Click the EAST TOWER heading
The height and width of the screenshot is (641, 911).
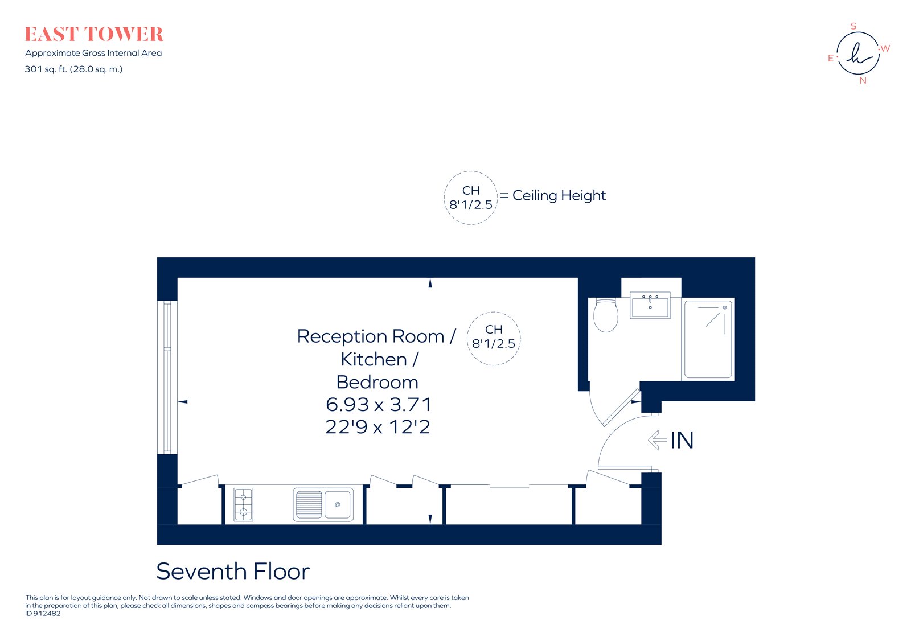[x=94, y=35]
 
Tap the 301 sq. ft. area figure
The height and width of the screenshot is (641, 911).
[x=73, y=69]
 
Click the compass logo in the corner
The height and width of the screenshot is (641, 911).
[x=857, y=54]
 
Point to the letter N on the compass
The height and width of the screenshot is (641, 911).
[x=863, y=81]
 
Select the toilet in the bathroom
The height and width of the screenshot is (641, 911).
[x=605, y=315]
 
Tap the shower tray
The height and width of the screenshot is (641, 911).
[x=708, y=339]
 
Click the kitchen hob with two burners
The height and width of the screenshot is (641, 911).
[x=244, y=504]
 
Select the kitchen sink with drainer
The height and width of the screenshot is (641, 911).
[x=323, y=505]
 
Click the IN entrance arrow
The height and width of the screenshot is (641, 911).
[x=658, y=439]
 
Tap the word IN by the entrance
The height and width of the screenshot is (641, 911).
[x=682, y=440]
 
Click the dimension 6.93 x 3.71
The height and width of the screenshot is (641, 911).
[x=379, y=405]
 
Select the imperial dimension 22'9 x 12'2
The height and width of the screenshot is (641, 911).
[x=377, y=427]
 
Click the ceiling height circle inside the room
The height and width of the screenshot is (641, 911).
[x=494, y=338]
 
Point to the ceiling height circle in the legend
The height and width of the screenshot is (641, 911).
[x=471, y=198]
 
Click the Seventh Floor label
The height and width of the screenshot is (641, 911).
[x=233, y=571]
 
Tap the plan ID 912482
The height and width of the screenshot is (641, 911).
[x=43, y=614]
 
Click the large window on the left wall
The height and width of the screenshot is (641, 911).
[x=167, y=377]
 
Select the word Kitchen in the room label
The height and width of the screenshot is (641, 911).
[x=374, y=359]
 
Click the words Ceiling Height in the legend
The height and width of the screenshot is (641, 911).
[x=559, y=195]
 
